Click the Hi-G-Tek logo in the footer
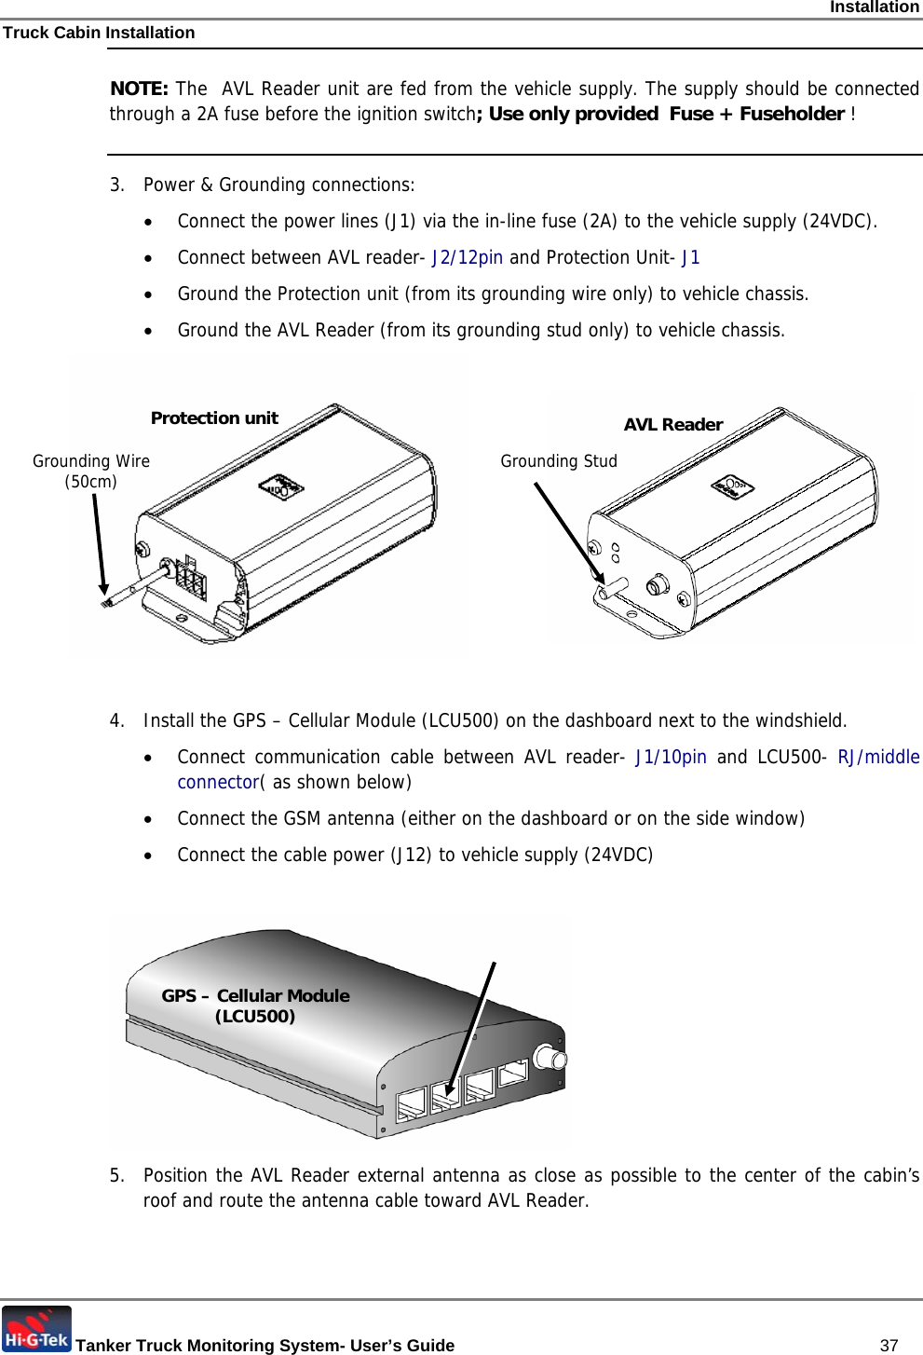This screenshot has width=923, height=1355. (36, 1329)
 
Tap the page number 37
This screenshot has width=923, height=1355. (889, 1345)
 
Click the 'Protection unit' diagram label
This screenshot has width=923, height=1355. (214, 418)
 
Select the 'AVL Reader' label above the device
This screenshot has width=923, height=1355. (672, 425)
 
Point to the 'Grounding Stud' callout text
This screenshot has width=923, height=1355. (559, 461)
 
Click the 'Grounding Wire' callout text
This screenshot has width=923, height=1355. (91, 461)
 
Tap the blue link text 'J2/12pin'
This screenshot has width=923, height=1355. (468, 258)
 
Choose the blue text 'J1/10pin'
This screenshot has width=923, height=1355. (671, 758)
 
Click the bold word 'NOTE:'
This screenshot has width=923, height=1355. (139, 89)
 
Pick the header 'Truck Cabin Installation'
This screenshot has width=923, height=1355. (99, 33)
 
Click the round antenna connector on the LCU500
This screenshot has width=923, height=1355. (549, 1059)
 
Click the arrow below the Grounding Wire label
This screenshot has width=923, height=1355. (99, 544)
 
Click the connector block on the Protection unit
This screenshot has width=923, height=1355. (191, 579)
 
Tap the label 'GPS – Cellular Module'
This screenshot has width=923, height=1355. (255, 996)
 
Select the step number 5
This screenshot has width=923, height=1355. (115, 1176)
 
